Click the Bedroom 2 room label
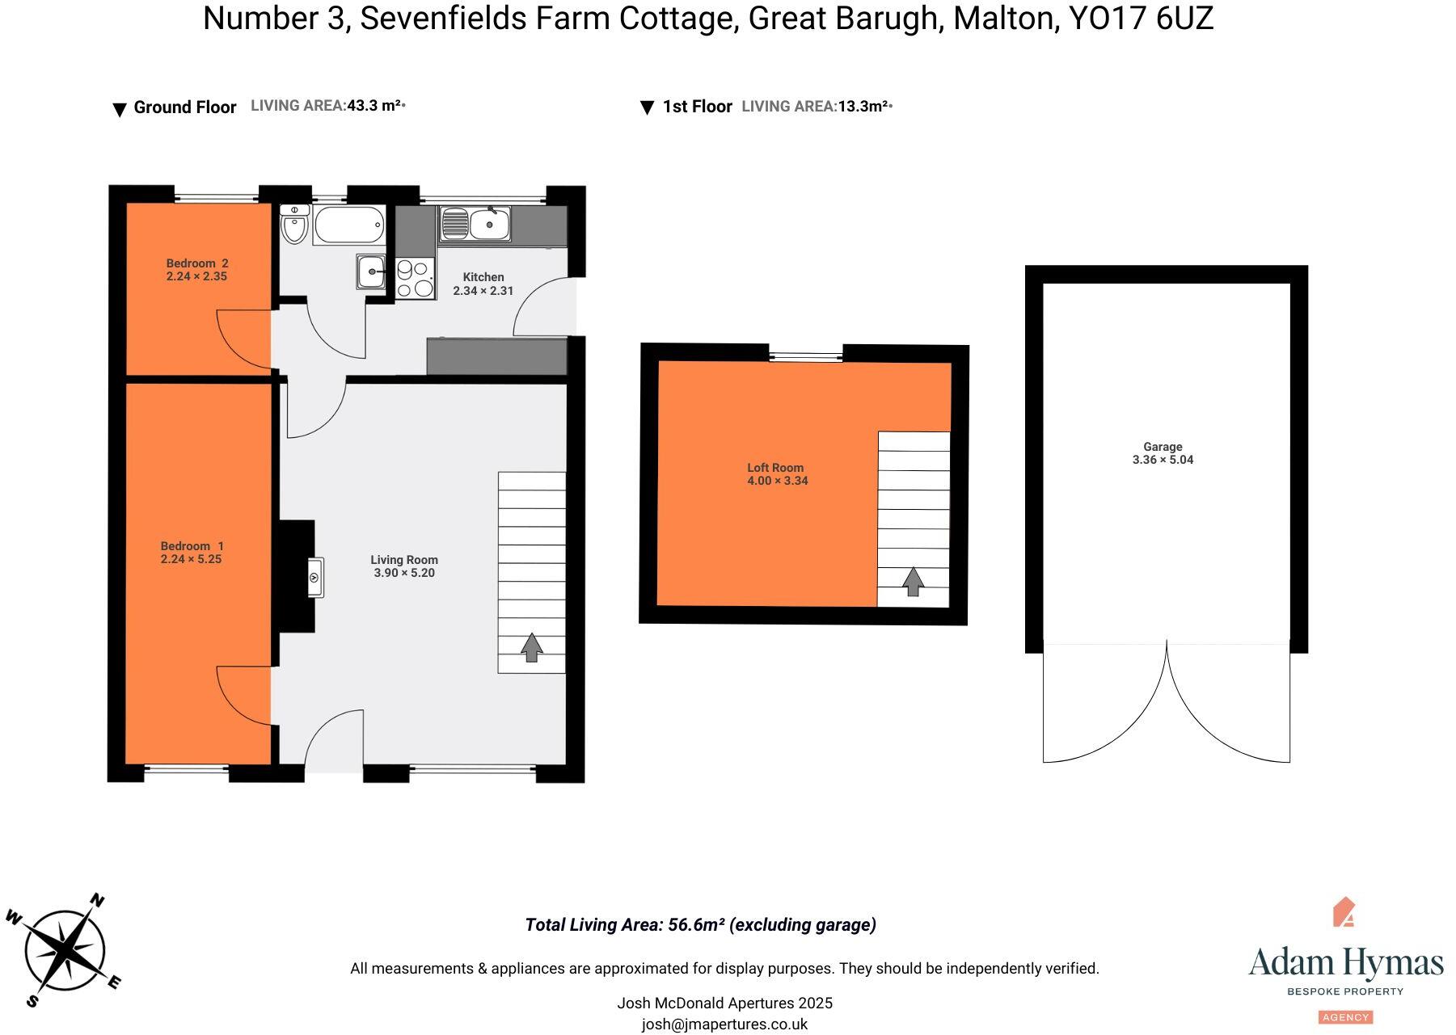click(x=196, y=263)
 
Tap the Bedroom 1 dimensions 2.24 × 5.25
click(x=191, y=559)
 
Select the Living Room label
click(x=404, y=560)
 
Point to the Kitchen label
click(x=483, y=277)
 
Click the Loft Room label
click(x=775, y=468)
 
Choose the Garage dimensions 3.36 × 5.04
click(x=1163, y=460)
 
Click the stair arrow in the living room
click(x=531, y=647)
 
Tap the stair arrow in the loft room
click(x=913, y=582)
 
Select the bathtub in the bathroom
click(x=348, y=225)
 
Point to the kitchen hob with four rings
click(x=414, y=278)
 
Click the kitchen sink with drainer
click(x=475, y=224)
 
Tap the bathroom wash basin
click(x=371, y=271)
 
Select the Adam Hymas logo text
click(x=1345, y=963)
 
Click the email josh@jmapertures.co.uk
click(x=724, y=1024)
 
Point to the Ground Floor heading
click(x=184, y=107)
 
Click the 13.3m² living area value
click(x=863, y=107)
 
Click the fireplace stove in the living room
click(x=315, y=578)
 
